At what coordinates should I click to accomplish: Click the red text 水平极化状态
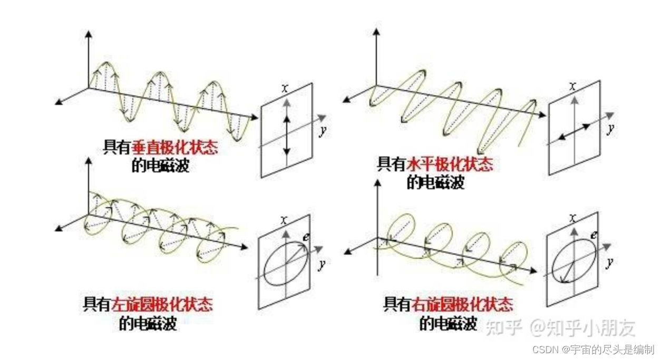(450, 164)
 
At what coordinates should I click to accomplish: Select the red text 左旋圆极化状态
(163, 305)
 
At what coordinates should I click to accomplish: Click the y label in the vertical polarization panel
(322, 130)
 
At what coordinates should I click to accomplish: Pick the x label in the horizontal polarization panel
(573, 85)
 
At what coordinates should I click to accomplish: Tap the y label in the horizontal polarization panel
(610, 128)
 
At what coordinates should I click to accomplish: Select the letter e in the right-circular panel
(593, 235)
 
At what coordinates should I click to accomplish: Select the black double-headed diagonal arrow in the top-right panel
(574, 131)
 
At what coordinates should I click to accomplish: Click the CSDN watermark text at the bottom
(592, 349)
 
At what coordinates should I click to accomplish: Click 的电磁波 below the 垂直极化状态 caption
(161, 166)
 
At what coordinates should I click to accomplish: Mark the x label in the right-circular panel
(573, 217)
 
